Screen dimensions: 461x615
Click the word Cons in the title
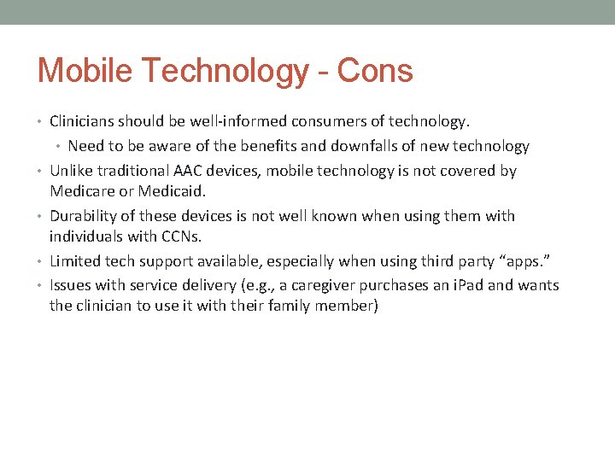375,71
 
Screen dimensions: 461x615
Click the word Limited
76,261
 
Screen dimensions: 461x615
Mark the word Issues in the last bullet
72,285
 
